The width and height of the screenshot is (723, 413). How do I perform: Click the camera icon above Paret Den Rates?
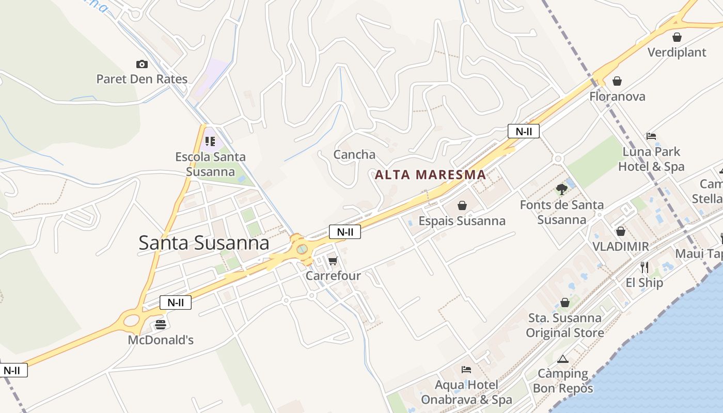point(142,64)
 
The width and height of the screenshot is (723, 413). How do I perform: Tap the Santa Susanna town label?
point(204,243)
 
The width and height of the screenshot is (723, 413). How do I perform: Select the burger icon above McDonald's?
point(161,325)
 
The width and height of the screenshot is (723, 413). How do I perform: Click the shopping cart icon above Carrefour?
point(333,261)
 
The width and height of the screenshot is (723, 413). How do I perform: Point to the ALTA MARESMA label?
point(430,174)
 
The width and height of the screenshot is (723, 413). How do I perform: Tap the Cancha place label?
point(354,154)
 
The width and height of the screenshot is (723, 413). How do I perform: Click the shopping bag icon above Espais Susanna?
point(462,205)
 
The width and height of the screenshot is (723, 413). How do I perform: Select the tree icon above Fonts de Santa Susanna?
point(561,189)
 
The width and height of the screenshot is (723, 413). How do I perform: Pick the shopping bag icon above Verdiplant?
point(677,37)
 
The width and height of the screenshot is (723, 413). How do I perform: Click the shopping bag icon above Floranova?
point(617,81)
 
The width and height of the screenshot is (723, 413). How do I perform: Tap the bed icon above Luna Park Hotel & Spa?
point(651,136)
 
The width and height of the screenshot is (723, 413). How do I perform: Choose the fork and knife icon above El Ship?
point(644,267)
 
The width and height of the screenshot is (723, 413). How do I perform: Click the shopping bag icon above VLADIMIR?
point(620,231)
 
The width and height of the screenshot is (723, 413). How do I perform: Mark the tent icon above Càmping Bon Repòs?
point(563,359)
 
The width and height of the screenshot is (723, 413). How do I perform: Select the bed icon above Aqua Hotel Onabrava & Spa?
point(466,370)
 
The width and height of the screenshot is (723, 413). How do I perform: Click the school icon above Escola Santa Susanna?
point(210,141)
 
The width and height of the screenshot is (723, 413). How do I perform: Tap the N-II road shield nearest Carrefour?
point(345,232)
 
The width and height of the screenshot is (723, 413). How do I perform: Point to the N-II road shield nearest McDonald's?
point(176,303)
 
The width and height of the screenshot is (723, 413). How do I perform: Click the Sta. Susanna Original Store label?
point(565,325)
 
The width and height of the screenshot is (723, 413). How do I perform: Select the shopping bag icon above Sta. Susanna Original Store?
point(565,303)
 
